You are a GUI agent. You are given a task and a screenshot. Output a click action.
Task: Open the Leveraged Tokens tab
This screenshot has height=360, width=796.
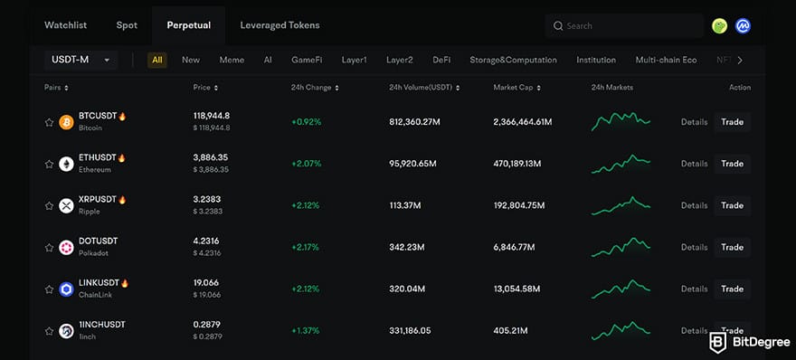280,25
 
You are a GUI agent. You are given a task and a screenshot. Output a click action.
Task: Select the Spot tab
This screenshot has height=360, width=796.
127,25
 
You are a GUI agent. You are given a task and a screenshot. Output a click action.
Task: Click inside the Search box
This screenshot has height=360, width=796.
629,26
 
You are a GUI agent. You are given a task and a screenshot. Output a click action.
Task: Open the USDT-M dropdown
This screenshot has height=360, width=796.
81,61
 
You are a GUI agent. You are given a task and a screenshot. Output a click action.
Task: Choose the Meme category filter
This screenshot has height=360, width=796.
232,61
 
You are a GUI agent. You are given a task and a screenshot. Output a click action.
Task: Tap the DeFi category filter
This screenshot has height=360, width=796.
441,61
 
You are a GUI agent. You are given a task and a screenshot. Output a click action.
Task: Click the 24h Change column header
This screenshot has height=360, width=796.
316,88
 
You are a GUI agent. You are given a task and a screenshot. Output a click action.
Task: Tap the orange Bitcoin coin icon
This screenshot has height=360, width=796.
66,122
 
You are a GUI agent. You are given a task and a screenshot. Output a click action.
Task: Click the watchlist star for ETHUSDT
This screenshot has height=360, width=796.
49,164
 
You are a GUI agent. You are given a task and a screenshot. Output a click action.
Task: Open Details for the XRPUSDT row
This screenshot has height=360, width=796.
694,205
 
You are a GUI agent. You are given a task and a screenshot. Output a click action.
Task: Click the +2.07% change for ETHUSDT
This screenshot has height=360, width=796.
306,164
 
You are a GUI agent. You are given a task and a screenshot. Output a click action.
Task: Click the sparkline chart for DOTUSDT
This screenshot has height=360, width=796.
621,247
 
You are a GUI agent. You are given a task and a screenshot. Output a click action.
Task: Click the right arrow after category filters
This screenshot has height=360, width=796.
740,61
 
